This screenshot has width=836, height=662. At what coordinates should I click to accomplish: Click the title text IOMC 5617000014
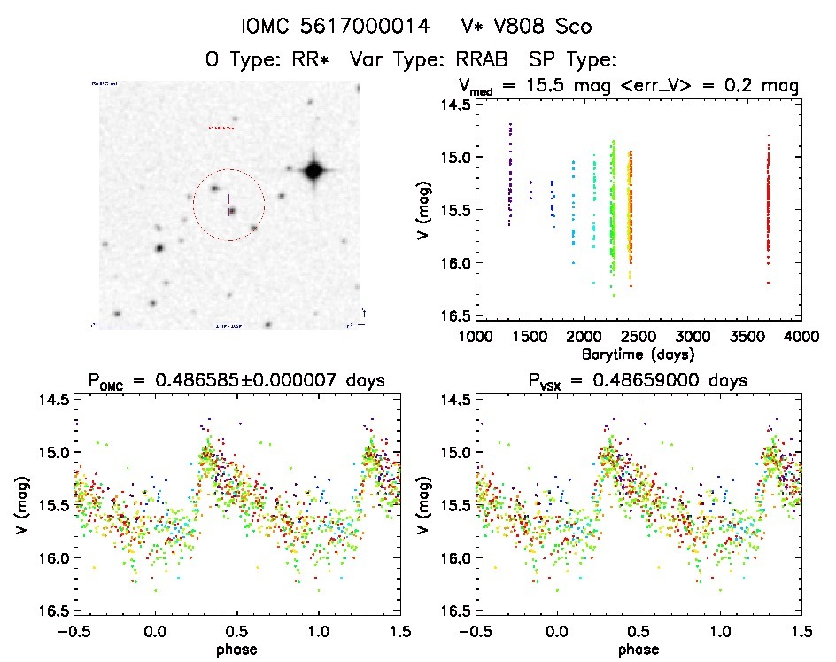pyautogui.click(x=336, y=26)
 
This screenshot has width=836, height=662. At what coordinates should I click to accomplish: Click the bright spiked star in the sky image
pyautogui.click(x=312, y=171)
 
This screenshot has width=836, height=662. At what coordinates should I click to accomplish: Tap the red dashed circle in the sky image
pyautogui.click(x=228, y=205)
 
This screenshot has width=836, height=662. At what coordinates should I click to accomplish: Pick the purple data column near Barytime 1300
pyautogui.click(x=511, y=177)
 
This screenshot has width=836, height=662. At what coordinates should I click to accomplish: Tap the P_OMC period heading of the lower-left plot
pyautogui.click(x=236, y=381)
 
